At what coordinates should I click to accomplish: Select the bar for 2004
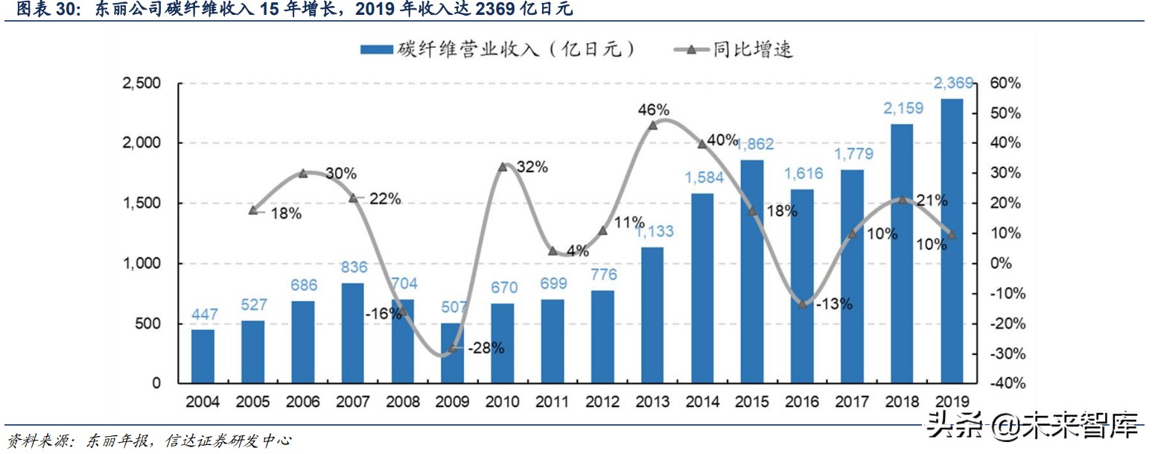pos(203,356)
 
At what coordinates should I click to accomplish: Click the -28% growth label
pos(486,348)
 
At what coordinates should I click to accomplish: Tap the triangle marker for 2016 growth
pos(802,304)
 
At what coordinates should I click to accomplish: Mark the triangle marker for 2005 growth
pos(253,210)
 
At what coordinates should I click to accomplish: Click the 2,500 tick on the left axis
pos(142,83)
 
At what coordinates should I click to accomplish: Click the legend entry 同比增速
pos(733,50)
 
